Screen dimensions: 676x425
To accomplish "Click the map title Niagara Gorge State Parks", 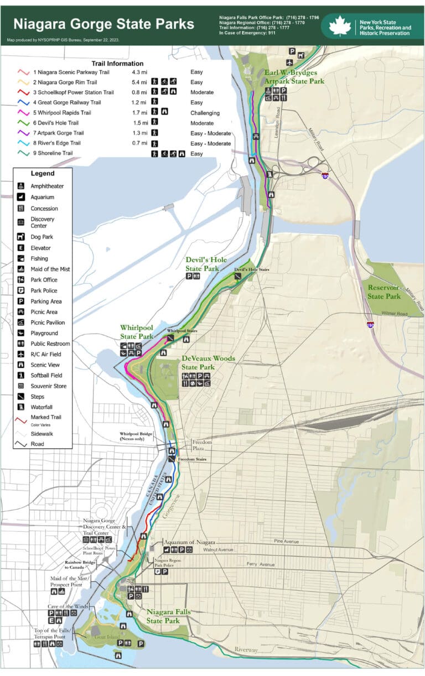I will (103, 24).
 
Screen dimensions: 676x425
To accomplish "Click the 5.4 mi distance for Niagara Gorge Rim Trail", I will (139, 82).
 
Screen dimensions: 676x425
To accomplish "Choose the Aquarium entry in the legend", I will (43, 197).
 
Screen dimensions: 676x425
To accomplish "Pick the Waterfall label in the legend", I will (42, 407).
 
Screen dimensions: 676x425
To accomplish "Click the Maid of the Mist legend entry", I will (50, 269).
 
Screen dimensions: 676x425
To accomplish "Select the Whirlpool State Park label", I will (137, 332).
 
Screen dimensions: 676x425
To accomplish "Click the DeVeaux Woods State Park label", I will (208, 362).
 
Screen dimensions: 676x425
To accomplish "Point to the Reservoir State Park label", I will (384, 292).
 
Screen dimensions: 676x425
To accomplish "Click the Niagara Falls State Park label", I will (171, 616).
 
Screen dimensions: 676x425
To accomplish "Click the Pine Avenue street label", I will (287, 541).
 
